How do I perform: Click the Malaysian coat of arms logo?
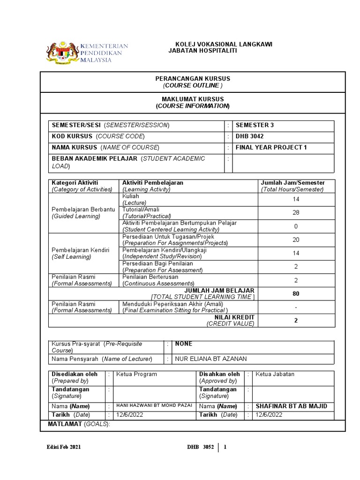pyautogui.click(x=62, y=52)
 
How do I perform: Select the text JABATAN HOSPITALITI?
pyautogui.click(x=202, y=51)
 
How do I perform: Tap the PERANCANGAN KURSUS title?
pyautogui.click(x=193, y=79)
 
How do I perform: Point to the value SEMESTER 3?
pyautogui.click(x=255, y=125)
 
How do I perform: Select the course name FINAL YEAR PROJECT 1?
pyautogui.click(x=271, y=148)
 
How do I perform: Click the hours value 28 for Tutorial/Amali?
pyautogui.click(x=296, y=213)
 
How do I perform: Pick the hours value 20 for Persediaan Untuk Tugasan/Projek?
pyautogui.click(x=296, y=240)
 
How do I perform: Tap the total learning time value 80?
pyautogui.click(x=296, y=294)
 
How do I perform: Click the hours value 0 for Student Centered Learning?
pyautogui.click(x=296, y=226)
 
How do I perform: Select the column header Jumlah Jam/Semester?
pyautogui.click(x=292, y=183)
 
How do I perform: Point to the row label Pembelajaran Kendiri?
pyautogui.click(x=80, y=250)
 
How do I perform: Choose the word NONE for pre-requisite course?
pyautogui.click(x=184, y=344)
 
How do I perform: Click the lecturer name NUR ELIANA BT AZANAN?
pyautogui.click(x=210, y=359)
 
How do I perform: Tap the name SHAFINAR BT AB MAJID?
pyautogui.click(x=291, y=406)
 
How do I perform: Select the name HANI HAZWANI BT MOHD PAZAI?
pyautogui.click(x=154, y=405)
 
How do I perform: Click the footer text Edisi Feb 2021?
pyautogui.click(x=64, y=447)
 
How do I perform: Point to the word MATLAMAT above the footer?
pyautogui.click(x=65, y=424)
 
